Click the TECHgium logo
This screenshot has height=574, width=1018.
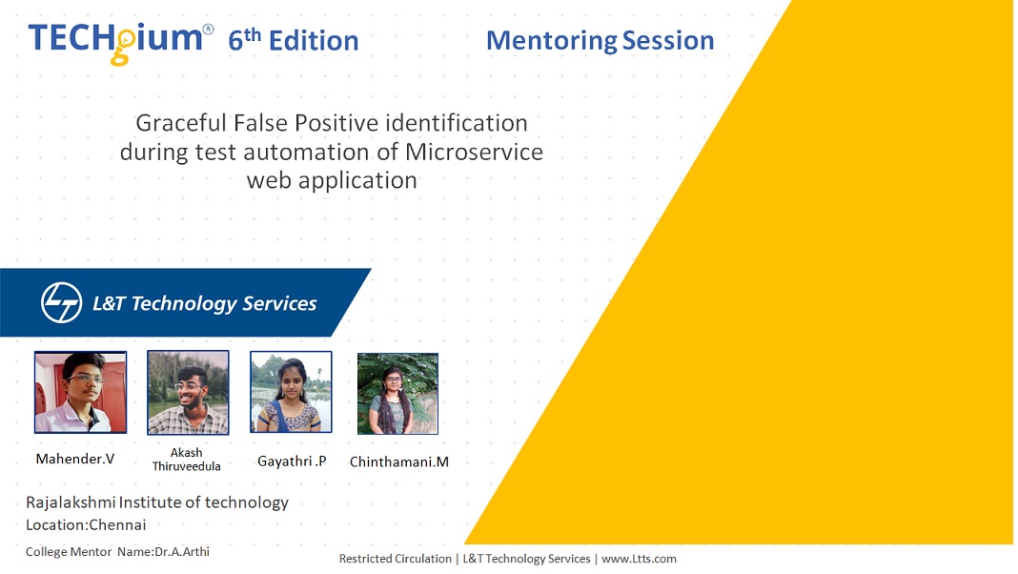tap(121, 42)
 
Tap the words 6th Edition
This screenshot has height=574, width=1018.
tap(293, 40)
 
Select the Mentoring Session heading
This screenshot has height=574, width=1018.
tap(600, 40)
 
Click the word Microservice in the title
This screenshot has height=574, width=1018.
tap(474, 152)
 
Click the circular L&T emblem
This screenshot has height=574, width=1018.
tap(62, 302)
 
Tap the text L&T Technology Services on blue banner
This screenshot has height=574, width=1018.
tap(205, 303)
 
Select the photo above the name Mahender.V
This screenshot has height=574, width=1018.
tap(80, 392)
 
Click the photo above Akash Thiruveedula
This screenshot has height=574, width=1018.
tap(188, 392)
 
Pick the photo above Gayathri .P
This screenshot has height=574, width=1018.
tap(291, 392)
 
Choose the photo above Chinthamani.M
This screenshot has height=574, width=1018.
tap(398, 394)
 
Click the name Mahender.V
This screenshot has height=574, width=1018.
tap(75, 459)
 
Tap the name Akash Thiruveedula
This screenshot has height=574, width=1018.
tap(186, 459)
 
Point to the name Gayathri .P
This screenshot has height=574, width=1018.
tap(292, 461)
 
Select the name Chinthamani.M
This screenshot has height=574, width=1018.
tap(399, 461)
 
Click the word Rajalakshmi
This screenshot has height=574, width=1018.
tap(71, 502)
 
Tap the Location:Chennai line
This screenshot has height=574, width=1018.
tap(86, 524)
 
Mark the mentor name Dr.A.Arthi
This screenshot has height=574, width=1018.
tap(182, 552)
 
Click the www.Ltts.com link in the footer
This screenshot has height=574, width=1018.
tap(639, 559)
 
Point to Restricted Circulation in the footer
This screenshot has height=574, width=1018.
tap(396, 559)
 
